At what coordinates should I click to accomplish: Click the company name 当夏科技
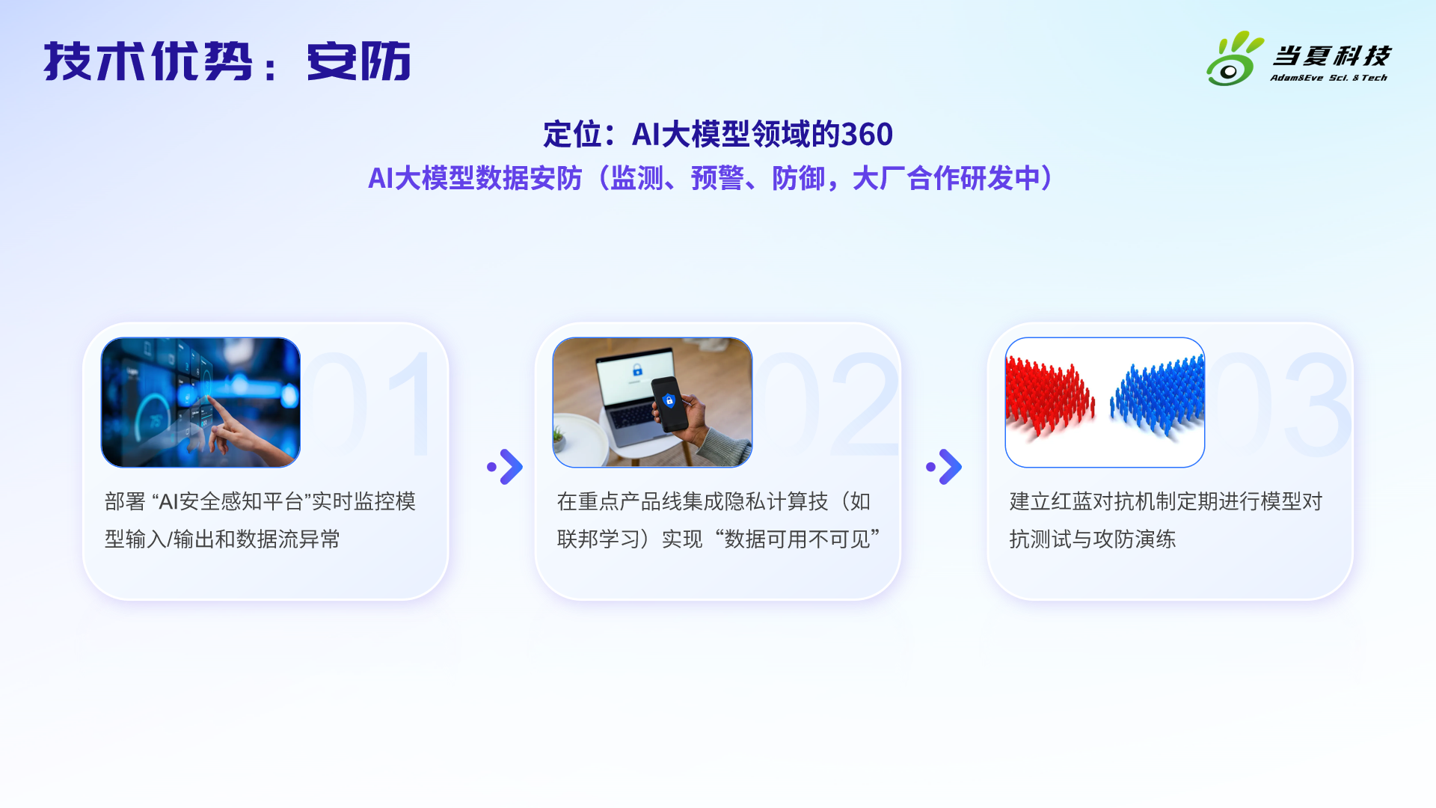(x=1331, y=55)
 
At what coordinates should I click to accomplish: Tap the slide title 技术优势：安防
(x=227, y=61)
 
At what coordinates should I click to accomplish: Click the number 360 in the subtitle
(x=867, y=135)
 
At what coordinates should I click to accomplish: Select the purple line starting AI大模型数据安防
(x=711, y=178)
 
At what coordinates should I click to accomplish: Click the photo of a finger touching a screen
(x=200, y=403)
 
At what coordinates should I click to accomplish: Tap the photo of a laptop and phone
(x=652, y=403)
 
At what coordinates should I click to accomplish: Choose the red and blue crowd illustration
(x=1105, y=403)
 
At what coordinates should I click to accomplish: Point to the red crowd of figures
(x=1049, y=397)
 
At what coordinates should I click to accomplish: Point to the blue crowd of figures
(x=1158, y=395)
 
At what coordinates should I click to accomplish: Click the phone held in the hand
(x=670, y=404)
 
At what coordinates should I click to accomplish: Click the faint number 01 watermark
(x=370, y=404)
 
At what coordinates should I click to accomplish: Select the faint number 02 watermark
(x=826, y=404)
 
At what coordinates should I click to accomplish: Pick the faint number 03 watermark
(x=1280, y=404)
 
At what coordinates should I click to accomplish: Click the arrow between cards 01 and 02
(x=505, y=467)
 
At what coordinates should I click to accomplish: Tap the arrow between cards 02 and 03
(x=944, y=467)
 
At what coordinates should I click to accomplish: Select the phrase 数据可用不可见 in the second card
(x=797, y=539)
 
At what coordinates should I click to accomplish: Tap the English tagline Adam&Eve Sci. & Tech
(x=1328, y=78)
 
